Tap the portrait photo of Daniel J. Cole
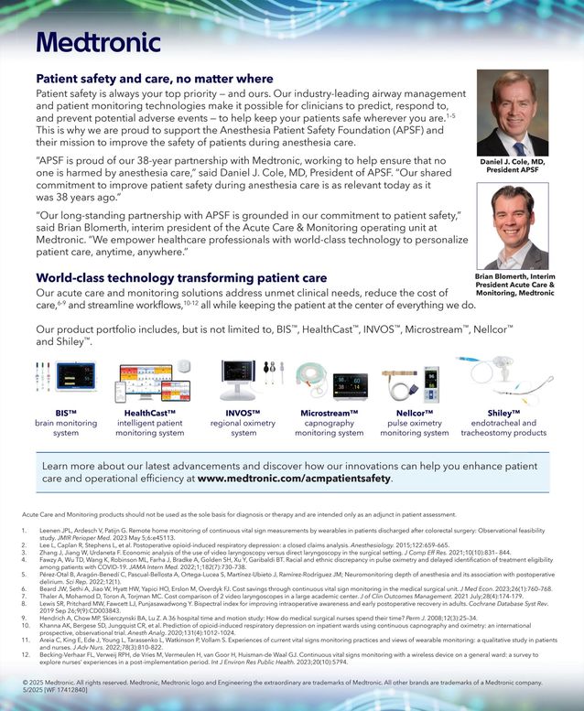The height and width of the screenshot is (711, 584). (x=513, y=113)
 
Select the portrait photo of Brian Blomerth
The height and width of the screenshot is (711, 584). (x=513, y=226)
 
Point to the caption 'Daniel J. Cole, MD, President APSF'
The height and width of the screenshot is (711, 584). (x=513, y=166)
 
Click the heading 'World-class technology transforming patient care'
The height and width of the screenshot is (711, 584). (x=181, y=277)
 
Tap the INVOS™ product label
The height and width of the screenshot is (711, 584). (x=243, y=414)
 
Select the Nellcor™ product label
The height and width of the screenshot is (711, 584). (x=415, y=414)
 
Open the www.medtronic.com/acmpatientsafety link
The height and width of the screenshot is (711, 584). (x=295, y=478)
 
